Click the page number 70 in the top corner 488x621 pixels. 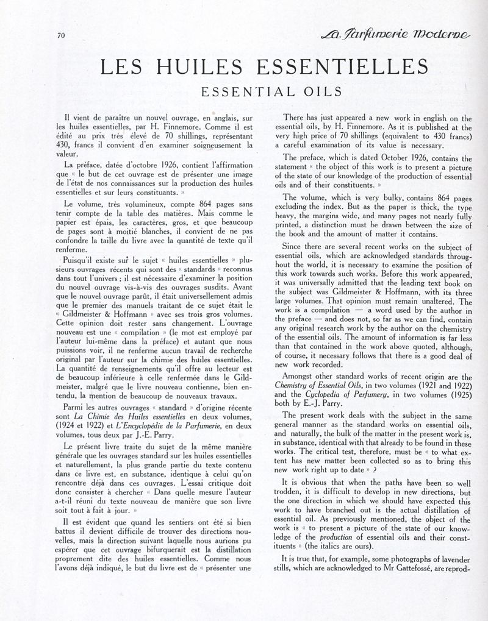[60, 35]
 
